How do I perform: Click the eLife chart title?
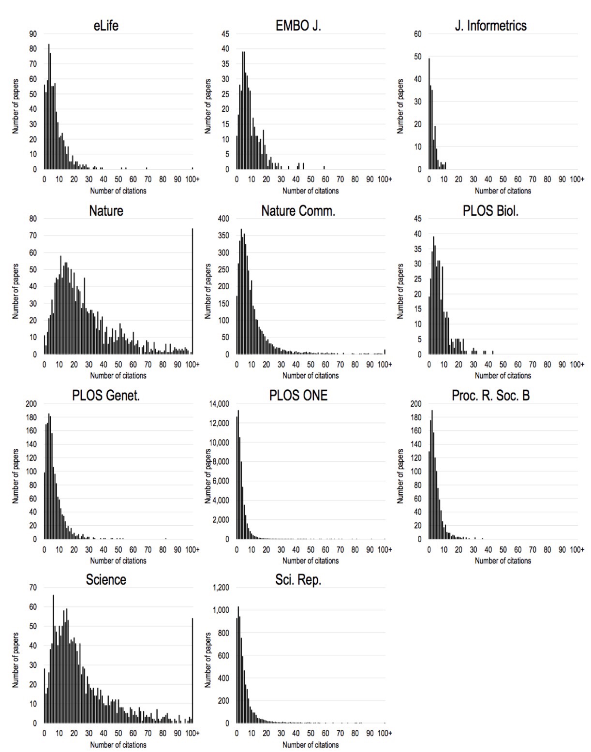point(106,26)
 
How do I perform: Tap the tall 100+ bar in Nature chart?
point(192,291)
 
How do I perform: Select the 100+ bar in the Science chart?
point(192,670)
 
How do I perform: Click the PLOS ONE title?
point(298,396)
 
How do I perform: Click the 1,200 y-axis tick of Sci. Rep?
point(222,588)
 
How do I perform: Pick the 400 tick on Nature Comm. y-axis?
point(222,219)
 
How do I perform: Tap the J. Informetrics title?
point(490,26)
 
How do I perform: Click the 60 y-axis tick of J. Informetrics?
point(417,34)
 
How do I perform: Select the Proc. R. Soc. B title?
point(490,396)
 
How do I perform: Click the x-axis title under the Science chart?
point(118,745)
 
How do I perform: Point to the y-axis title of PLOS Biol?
point(400,291)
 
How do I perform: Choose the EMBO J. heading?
point(298,26)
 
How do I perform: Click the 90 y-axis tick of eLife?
point(33,34)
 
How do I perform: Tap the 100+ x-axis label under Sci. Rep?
point(385,733)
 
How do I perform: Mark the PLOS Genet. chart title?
point(106,396)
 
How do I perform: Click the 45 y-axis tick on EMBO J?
point(225,34)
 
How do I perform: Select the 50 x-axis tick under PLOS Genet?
point(118,549)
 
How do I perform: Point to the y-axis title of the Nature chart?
point(15,291)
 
